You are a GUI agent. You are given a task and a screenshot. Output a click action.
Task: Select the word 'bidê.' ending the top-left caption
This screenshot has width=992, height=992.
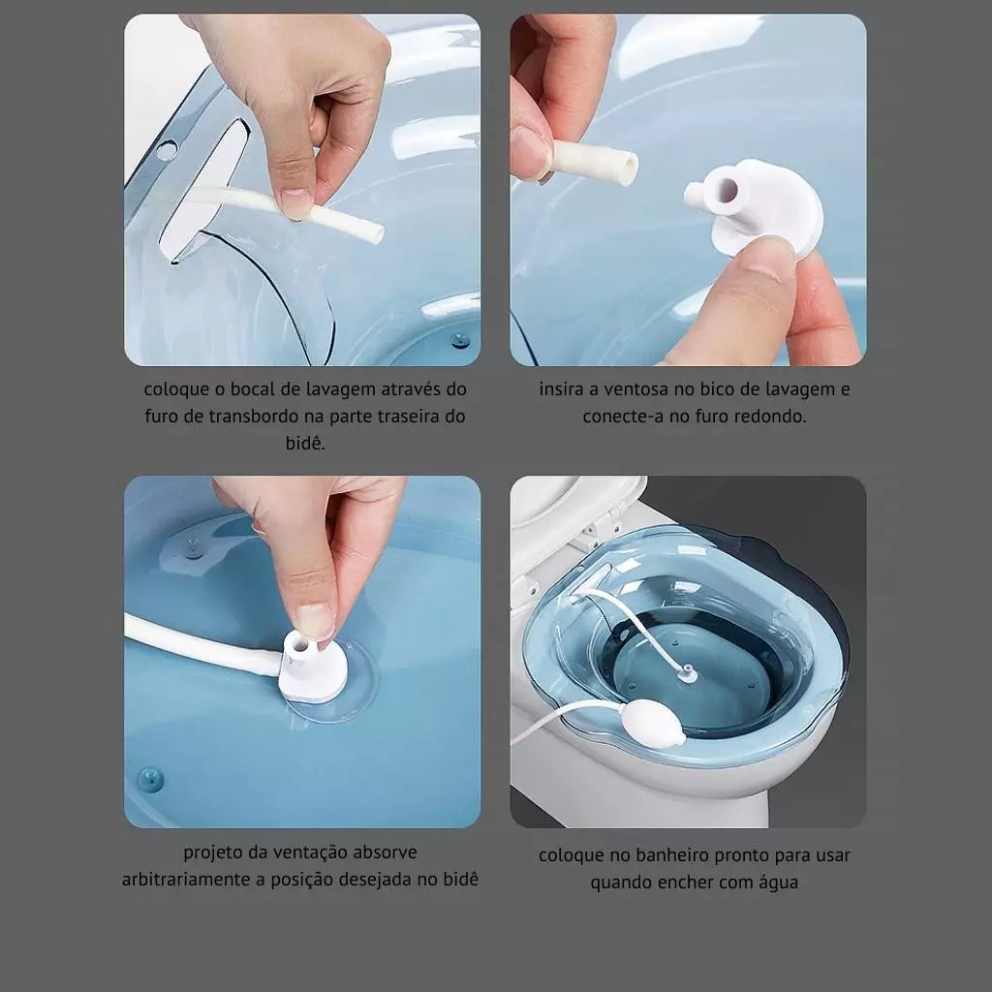pyautogui.click(x=305, y=443)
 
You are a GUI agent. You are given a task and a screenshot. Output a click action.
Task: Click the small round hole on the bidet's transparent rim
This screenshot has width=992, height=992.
pyautogui.click(x=167, y=150)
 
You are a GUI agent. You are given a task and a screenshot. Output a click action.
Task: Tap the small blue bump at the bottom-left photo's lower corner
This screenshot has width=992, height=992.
pyautogui.click(x=150, y=780)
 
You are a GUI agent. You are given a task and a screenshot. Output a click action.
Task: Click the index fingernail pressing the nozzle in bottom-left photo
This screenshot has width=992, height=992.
pyautogui.click(x=315, y=621)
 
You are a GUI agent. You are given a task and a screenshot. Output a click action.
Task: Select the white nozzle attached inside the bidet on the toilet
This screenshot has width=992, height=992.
pyautogui.click(x=687, y=674)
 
